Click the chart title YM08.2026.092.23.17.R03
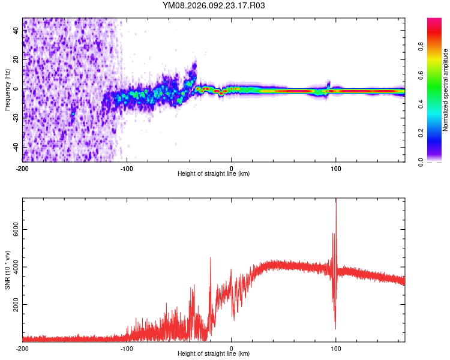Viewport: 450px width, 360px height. point(214,6)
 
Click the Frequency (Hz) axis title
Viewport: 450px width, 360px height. point(7,89)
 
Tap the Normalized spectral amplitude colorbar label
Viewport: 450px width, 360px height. point(446,89)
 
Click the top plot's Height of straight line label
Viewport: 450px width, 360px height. point(214,173)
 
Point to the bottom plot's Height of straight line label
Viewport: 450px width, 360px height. point(214,353)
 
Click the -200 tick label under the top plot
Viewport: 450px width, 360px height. point(23,168)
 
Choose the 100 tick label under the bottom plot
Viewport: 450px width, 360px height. point(336,348)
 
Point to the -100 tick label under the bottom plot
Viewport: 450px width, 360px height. point(127,348)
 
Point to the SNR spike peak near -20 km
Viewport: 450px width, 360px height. point(211,257)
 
